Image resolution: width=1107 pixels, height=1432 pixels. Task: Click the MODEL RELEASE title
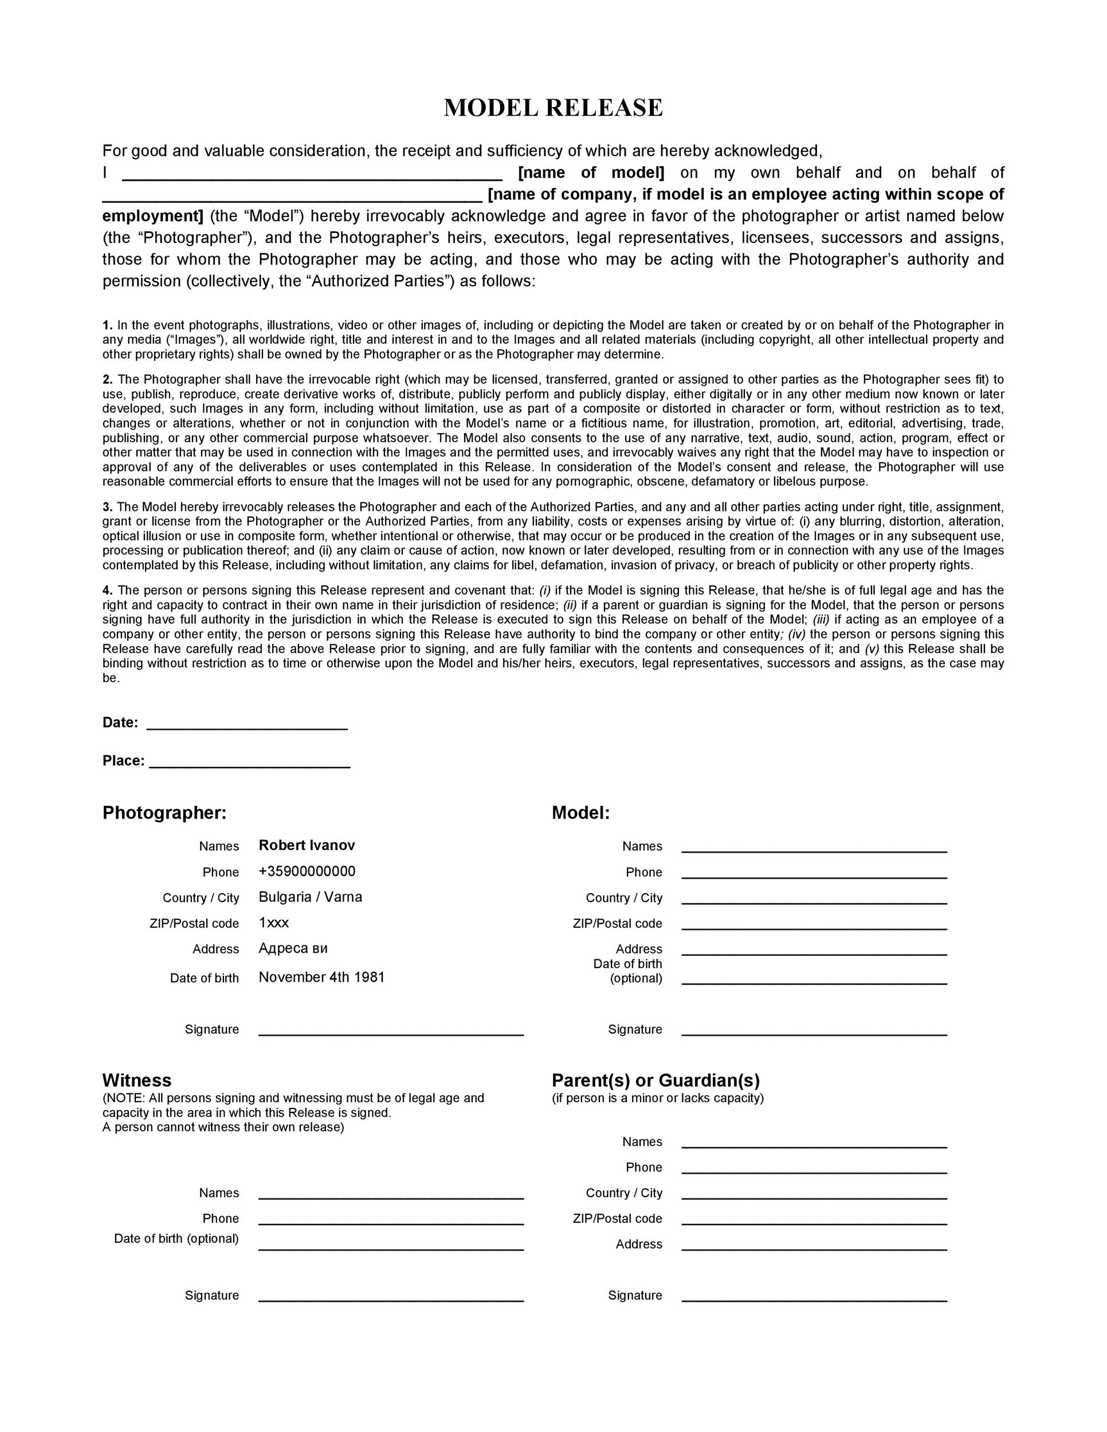click(x=553, y=108)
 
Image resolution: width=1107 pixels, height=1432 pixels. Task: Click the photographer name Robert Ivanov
click(x=307, y=845)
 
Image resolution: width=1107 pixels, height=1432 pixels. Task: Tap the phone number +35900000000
click(x=307, y=871)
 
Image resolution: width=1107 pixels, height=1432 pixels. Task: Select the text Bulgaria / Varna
click(x=310, y=897)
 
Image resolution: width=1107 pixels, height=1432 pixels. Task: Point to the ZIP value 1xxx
click(x=273, y=923)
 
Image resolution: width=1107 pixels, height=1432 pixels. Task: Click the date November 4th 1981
click(x=321, y=977)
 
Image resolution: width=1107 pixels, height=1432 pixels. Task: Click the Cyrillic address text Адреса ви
click(x=293, y=948)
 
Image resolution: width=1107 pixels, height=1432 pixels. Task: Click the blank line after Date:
click(x=246, y=726)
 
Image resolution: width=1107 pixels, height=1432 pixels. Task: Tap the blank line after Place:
click(x=249, y=765)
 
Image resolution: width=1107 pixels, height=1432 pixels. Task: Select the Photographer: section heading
click(x=164, y=813)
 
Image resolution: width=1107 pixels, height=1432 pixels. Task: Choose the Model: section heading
click(x=580, y=813)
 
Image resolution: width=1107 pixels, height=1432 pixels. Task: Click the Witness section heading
click(x=136, y=1080)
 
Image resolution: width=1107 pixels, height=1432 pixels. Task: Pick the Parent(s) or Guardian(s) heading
click(x=656, y=1080)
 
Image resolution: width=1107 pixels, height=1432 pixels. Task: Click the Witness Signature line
click(x=391, y=1299)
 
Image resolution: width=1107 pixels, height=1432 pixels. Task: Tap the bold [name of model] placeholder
click(x=591, y=173)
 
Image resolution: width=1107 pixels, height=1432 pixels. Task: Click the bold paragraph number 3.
click(x=108, y=507)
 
